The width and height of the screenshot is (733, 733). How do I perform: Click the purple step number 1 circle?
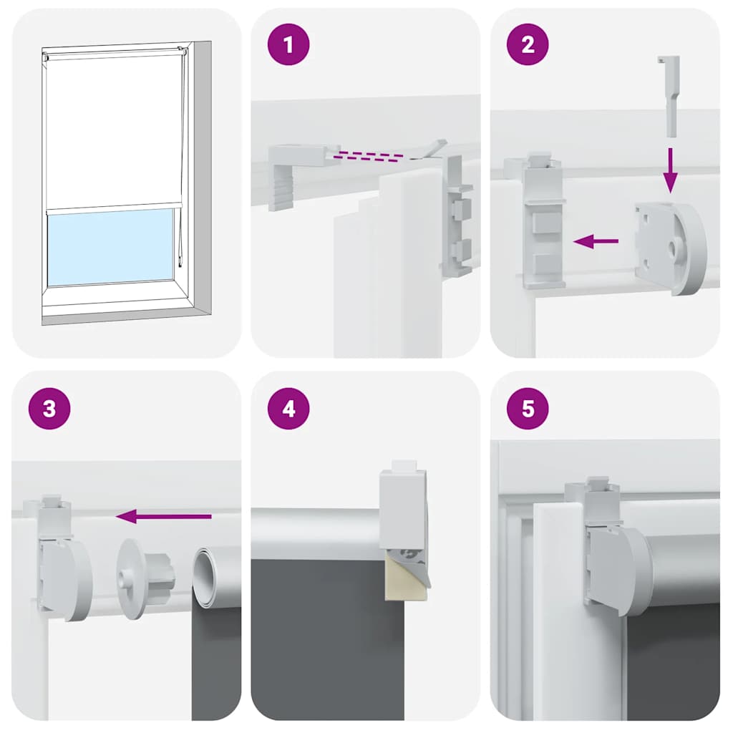click(x=288, y=44)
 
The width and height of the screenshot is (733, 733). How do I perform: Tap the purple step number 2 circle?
click(x=528, y=44)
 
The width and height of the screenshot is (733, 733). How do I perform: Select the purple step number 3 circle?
click(x=49, y=409)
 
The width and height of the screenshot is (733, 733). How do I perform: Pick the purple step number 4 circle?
click(x=288, y=409)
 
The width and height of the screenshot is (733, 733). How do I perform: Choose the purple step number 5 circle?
click(x=528, y=409)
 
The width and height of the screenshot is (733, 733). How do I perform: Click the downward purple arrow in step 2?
click(x=669, y=170)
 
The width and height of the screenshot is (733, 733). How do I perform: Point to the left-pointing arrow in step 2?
click(x=596, y=242)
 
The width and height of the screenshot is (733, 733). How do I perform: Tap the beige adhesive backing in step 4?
click(x=404, y=573)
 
